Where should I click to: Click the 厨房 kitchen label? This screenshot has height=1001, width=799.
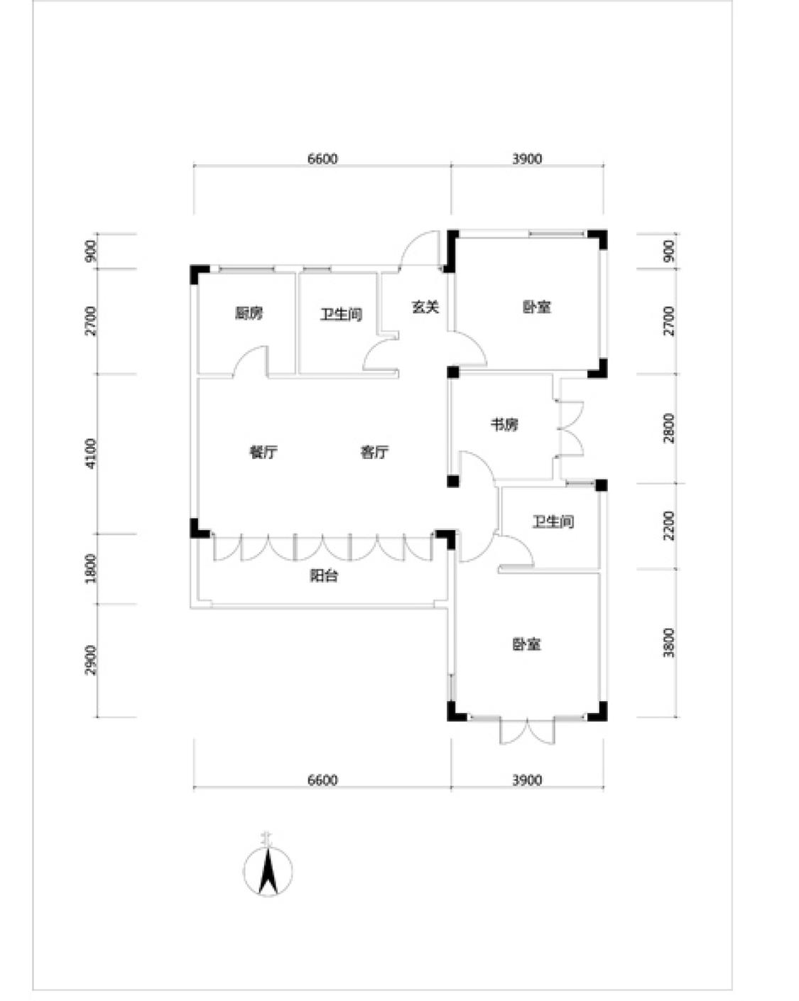coord(249,313)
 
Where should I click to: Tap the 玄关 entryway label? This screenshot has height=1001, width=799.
coord(425,308)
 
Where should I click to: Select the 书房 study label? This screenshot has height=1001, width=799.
coord(504,425)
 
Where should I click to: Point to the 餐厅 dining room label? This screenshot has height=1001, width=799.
coord(263,453)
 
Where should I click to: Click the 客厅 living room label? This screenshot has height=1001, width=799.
coord(374,453)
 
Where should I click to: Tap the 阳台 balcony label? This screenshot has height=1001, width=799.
coord(324,576)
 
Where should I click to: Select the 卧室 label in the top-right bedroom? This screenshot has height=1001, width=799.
coord(537,308)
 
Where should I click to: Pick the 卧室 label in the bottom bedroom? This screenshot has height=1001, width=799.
coord(526,644)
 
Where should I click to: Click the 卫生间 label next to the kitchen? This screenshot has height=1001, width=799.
coord(341,313)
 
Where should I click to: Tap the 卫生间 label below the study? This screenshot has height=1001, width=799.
coord(553,522)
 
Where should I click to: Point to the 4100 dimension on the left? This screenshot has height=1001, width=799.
coord(90,453)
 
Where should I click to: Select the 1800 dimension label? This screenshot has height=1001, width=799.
coord(90,568)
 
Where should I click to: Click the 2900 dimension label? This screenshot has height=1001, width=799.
coord(90,660)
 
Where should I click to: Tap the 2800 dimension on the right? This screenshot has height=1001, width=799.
coord(668,428)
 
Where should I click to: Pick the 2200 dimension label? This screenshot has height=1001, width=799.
coord(668,526)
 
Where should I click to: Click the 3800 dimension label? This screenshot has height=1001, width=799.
coord(668,642)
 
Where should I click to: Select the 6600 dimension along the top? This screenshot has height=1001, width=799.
coord(322,159)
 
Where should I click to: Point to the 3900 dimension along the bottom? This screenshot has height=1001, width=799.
coord(527,780)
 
